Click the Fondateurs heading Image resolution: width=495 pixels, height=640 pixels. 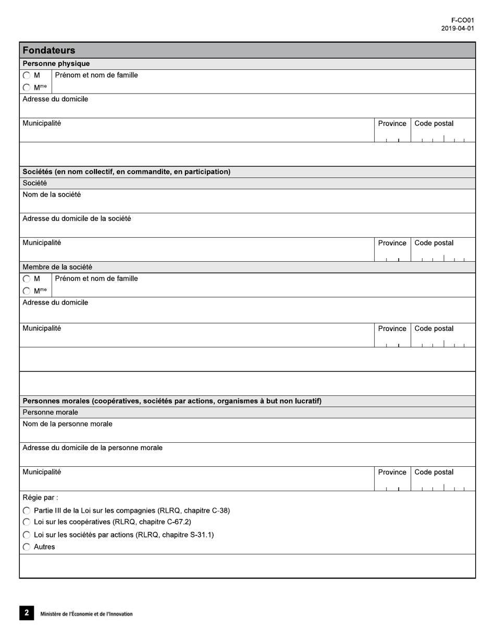pyautogui.click(x=49, y=50)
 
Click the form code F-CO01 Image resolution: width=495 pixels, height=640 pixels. pyautogui.click(x=463, y=21)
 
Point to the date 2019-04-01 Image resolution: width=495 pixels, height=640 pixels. pyautogui.click(x=457, y=29)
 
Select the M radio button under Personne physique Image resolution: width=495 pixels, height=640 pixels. pyautogui.click(x=27, y=75)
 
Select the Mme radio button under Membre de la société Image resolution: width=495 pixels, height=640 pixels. pyautogui.click(x=27, y=291)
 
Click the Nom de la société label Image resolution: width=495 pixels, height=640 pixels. pyautogui.click(x=52, y=195)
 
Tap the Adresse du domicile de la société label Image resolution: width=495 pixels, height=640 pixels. pyautogui.click(x=77, y=219)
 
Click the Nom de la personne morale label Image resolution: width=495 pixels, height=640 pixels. pyautogui.click(x=67, y=424)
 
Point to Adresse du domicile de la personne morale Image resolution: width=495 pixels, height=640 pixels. pyautogui.click(x=92, y=448)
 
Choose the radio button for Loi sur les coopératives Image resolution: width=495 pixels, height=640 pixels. pyautogui.click(x=27, y=522)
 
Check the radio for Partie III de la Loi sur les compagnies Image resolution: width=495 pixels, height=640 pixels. pyautogui.click(x=27, y=511)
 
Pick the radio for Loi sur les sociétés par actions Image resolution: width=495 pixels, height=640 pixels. pyautogui.click(x=27, y=535)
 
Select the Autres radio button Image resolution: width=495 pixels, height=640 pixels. pyautogui.click(x=27, y=547)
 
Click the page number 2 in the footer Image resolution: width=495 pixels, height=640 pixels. pyautogui.click(x=27, y=613)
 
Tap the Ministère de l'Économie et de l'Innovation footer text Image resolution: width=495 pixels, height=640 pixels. pyautogui.click(x=86, y=614)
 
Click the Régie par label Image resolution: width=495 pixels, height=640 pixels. pyautogui.click(x=40, y=497)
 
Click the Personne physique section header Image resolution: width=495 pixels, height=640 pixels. pyautogui.click(x=56, y=63)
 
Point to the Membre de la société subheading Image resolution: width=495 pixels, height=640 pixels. pyautogui.click(x=57, y=267)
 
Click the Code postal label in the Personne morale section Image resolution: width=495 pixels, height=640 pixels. pyautogui.click(x=434, y=472)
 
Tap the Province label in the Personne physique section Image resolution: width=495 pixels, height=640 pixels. pyautogui.click(x=392, y=124)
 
